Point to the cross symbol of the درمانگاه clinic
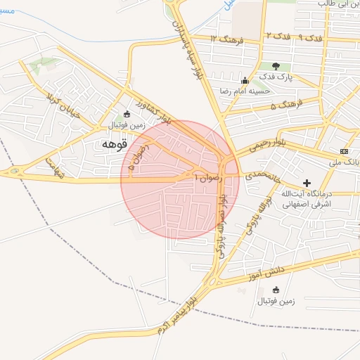[307, 183]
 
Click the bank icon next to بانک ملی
[344, 152]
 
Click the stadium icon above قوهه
[127, 115]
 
